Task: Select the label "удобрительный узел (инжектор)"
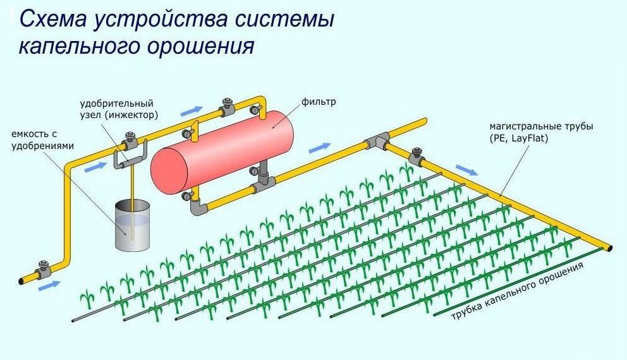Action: [x=119, y=109]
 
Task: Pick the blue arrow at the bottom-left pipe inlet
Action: [x=50, y=285]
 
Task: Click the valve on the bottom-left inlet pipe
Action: [x=44, y=269]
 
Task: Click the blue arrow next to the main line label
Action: [x=467, y=170]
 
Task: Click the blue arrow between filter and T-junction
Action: [x=320, y=148]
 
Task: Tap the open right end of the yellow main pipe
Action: [x=609, y=247]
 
